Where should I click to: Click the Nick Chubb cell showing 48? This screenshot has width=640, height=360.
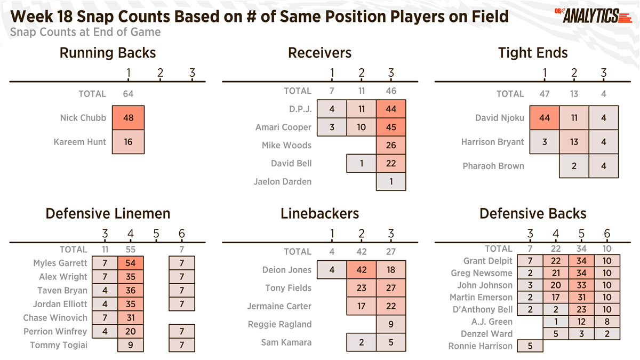128,118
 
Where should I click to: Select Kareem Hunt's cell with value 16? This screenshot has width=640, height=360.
128,142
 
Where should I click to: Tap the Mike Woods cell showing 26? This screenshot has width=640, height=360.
391,145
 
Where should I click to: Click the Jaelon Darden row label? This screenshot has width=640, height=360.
282,181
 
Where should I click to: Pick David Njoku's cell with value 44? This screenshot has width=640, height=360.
545,118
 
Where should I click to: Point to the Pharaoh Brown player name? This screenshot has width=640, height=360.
493,166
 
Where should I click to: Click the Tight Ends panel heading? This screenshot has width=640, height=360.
533,53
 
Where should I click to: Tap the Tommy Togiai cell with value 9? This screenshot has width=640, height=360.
131,345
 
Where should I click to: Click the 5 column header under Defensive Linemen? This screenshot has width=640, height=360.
156,234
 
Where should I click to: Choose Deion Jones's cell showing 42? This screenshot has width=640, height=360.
362,270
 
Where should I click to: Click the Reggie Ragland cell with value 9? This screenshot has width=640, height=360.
391,324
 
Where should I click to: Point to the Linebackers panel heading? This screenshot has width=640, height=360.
319,214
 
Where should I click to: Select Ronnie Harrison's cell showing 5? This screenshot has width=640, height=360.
530,346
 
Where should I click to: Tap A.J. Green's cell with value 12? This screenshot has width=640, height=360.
581,322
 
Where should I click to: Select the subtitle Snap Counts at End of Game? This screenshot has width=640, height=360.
85,32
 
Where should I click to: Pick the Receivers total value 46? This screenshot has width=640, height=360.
391,91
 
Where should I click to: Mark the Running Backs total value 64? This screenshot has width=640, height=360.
128,94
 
